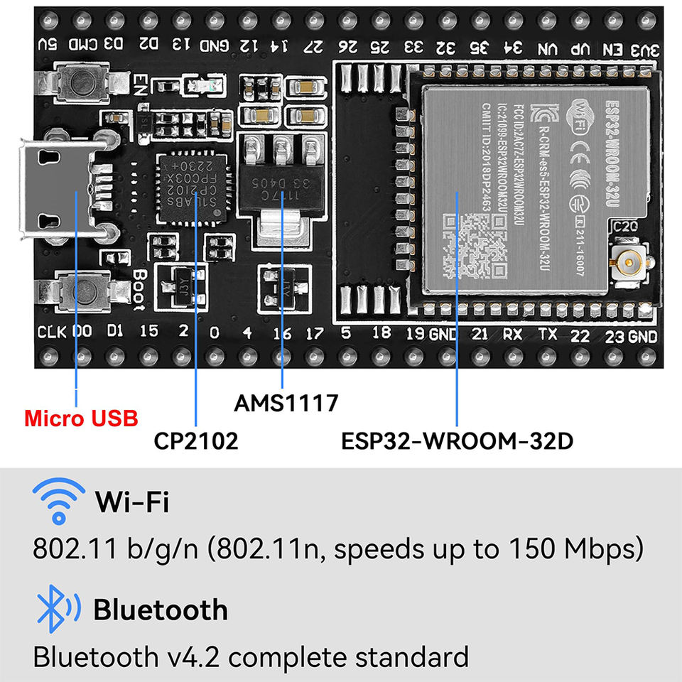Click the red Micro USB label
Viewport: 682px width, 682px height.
[x=81, y=418]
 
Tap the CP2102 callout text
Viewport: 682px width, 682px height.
[x=196, y=441]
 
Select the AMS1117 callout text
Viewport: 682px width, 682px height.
[x=286, y=404]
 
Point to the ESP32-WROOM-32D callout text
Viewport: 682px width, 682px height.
[x=457, y=441]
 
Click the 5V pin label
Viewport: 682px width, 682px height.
[x=48, y=45]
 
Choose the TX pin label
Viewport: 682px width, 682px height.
[x=546, y=334]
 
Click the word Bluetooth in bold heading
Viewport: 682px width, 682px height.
[x=161, y=610]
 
